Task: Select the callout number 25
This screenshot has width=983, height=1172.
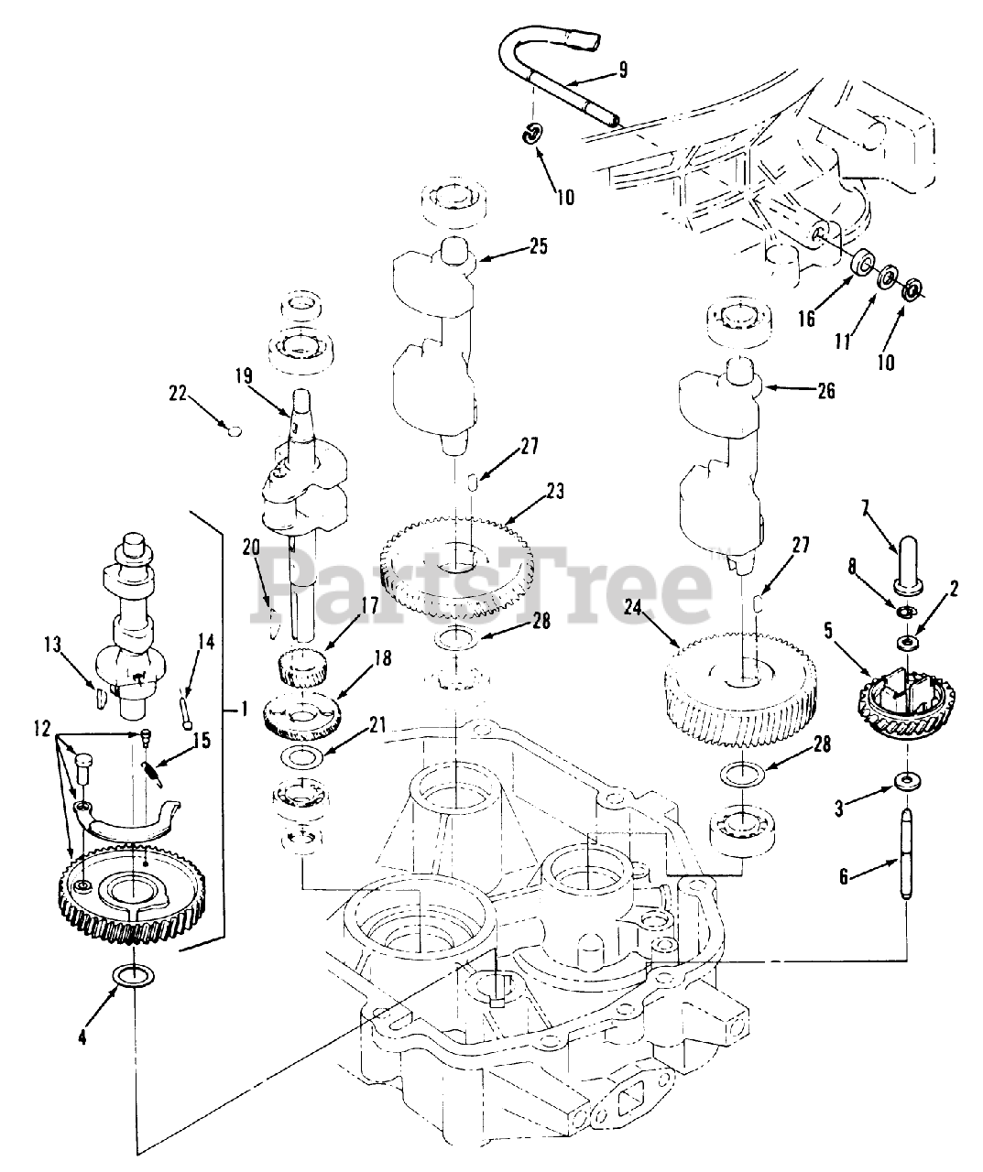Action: click(537, 246)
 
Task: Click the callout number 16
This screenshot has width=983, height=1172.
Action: click(806, 320)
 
